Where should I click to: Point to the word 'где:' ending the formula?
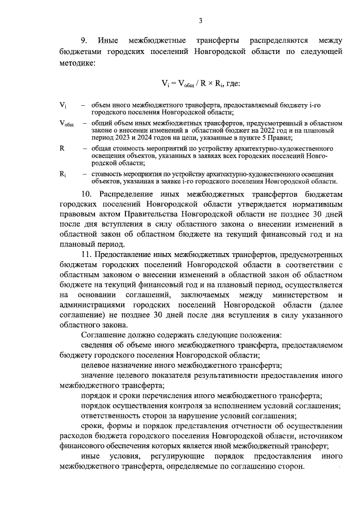click(x=232, y=84)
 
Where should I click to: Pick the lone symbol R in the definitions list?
click(x=62, y=147)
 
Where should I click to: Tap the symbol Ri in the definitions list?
click(x=63, y=174)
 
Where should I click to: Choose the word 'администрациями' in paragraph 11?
click(x=96, y=305)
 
